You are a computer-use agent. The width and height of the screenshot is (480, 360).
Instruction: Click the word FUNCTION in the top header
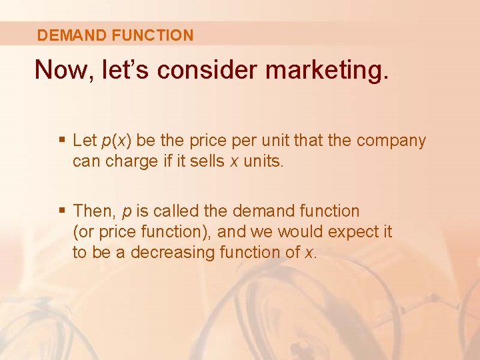click(x=153, y=35)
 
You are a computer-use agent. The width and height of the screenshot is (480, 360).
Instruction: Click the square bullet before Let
click(x=62, y=141)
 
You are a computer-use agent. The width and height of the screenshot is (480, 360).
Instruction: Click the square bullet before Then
click(x=62, y=211)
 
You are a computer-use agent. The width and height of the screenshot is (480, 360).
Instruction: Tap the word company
click(x=391, y=141)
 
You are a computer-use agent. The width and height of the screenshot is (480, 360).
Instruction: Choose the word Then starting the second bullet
click(x=95, y=211)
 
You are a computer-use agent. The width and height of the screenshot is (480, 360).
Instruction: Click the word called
click(x=174, y=211)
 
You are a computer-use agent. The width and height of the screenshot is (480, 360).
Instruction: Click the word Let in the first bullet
click(x=85, y=141)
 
